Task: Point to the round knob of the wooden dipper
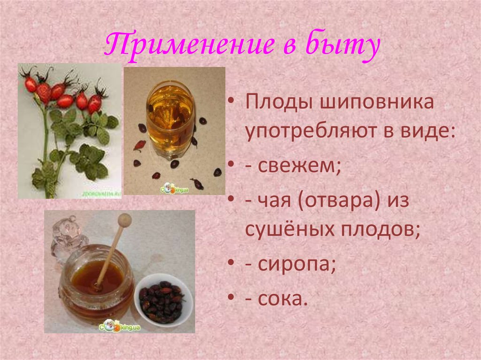pos(124,220)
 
